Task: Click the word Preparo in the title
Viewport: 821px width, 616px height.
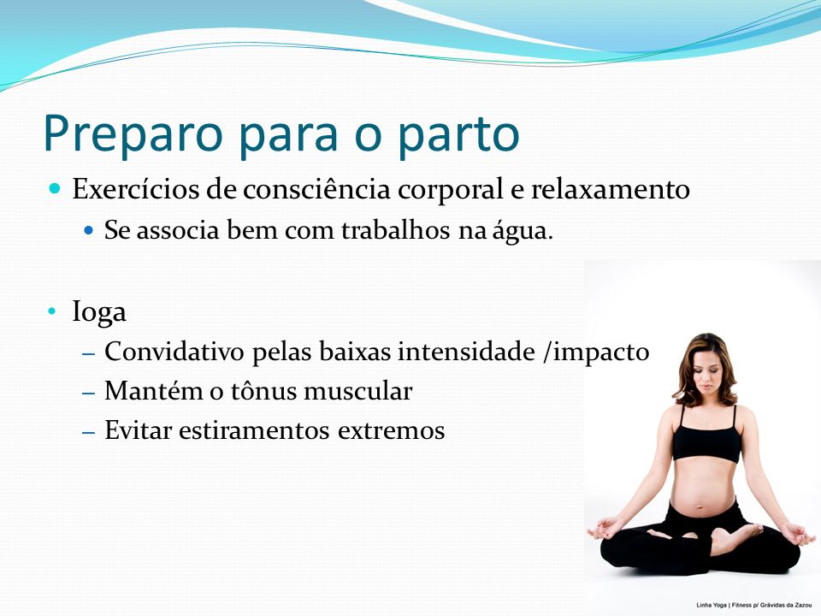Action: (133, 134)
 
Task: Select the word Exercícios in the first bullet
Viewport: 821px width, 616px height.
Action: (136, 188)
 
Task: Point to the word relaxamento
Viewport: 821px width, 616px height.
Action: (611, 188)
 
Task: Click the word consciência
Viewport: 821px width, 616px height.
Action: (316, 188)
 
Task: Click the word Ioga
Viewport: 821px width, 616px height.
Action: (99, 312)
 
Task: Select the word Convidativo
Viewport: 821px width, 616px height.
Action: (174, 351)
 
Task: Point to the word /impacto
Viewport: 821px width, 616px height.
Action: (596, 352)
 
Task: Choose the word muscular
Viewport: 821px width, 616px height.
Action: (358, 391)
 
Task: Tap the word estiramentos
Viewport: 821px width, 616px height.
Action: (254, 430)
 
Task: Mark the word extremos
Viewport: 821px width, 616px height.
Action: (391, 431)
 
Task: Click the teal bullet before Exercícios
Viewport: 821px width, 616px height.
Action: (55, 188)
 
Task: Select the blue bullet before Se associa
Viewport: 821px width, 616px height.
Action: (88, 230)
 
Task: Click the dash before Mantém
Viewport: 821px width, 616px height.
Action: (88, 393)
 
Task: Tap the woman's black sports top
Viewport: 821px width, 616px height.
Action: (706, 440)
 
